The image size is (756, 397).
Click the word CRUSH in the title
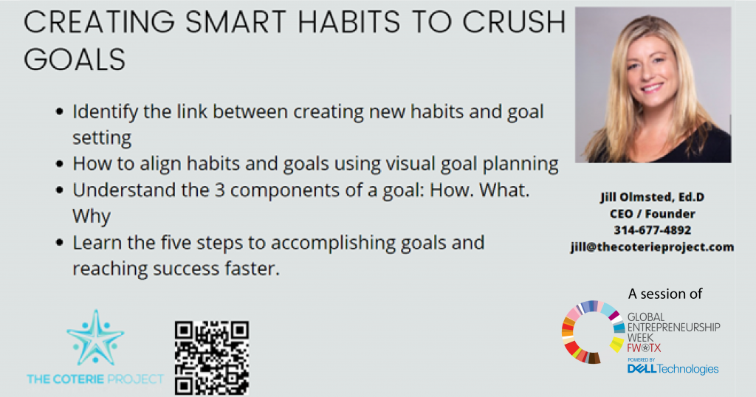pos(514,22)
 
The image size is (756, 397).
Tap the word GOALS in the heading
pos(75,60)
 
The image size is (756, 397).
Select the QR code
pos(212,358)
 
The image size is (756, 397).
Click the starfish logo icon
pos(95,337)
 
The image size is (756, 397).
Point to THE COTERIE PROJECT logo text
pos(95,379)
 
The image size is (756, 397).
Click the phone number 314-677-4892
pos(653,230)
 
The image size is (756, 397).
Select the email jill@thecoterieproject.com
pos(653,247)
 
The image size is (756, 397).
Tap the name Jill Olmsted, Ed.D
pos(653,197)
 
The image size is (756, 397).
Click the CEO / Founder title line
pos(653,214)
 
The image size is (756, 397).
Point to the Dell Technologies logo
pos(673,368)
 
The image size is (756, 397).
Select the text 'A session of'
pos(665,294)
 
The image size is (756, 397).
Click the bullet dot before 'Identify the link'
pos(59,111)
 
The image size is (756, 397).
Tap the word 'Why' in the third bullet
pos(92,216)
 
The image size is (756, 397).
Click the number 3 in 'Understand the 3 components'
pos(220,190)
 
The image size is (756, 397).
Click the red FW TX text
pos(644,348)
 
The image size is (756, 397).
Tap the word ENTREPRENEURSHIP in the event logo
pos(673,327)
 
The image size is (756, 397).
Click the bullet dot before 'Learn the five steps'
pos(59,242)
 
